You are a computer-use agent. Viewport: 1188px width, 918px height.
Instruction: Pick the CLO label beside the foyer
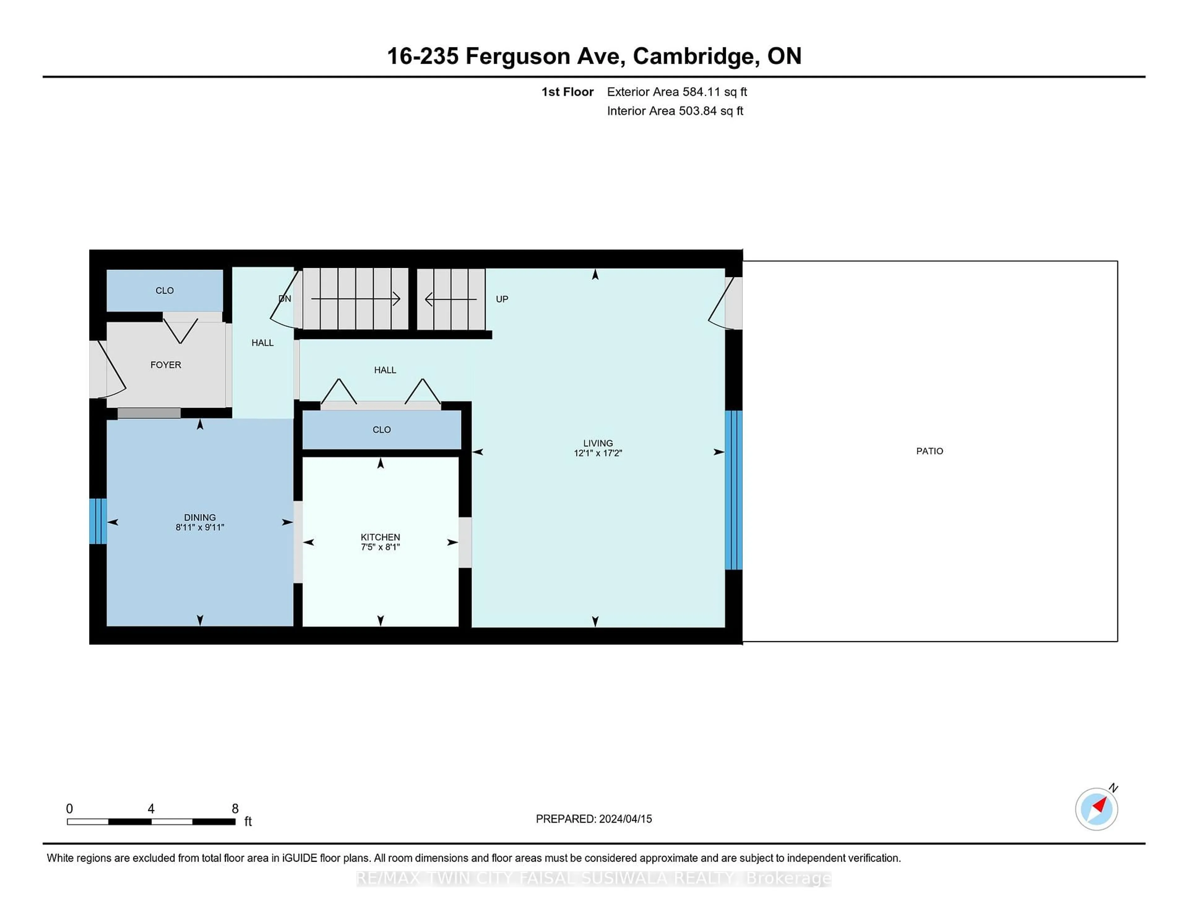pyautogui.click(x=164, y=290)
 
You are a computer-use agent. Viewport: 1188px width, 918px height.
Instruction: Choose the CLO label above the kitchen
pyautogui.click(x=381, y=430)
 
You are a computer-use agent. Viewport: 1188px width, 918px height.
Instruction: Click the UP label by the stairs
pyautogui.click(x=501, y=299)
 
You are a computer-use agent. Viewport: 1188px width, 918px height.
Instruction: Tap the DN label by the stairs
pyautogui.click(x=285, y=298)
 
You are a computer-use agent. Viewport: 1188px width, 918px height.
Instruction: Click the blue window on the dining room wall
pyautogui.click(x=98, y=521)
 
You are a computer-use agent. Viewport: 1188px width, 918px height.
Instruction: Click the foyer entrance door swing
pyautogui.click(x=108, y=370)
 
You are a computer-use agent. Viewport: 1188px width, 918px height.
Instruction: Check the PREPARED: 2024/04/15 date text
pyautogui.click(x=593, y=818)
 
